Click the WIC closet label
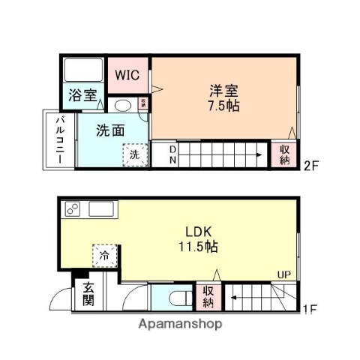point(127,74)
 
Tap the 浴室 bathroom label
point(82,95)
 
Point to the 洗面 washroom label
point(109,130)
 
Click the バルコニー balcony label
point(58,140)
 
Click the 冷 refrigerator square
point(104,255)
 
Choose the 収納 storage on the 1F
point(208,296)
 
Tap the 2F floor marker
point(311,166)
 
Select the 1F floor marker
point(310,308)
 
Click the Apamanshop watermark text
point(179,325)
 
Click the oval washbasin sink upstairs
point(123,105)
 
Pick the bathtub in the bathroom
point(83,70)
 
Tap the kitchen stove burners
point(73,208)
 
